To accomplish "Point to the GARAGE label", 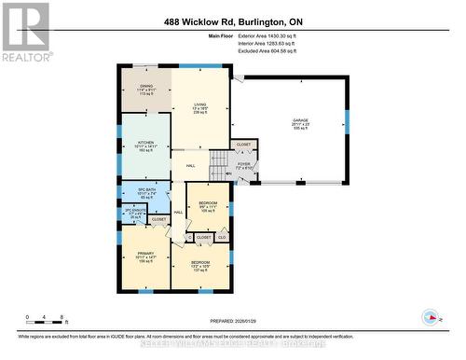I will point(299,121).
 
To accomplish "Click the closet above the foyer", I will point(243,145).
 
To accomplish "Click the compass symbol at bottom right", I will point(430,316).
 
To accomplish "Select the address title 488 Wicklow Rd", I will point(232,21).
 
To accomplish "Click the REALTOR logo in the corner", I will point(25,32).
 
